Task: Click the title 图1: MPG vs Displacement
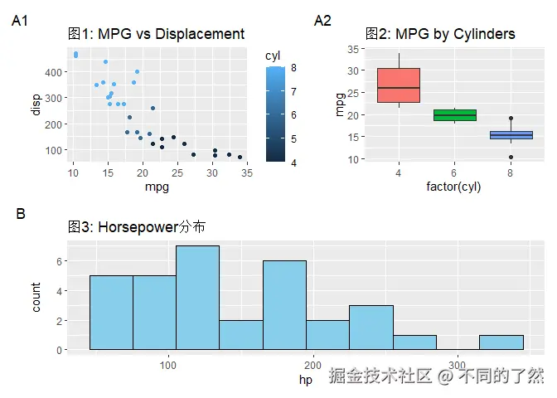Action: (x=156, y=34)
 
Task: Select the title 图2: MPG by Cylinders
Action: (x=440, y=34)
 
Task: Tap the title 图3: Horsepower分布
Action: (x=137, y=226)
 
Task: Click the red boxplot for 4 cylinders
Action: (x=398, y=85)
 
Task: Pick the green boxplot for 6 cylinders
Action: (x=454, y=114)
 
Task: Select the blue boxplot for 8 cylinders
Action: (x=511, y=134)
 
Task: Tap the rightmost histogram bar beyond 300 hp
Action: (x=501, y=342)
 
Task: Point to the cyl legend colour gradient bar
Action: (x=277, y=114)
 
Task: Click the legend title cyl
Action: (x=273, y=56)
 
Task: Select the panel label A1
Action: (x=21, y=22)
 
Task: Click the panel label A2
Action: (x=322, y=22)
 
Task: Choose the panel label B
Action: (x=21, y=214)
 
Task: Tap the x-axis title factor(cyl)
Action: (x=453, y=187)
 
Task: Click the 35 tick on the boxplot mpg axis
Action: (x=353, y=49)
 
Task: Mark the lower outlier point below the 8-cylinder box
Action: (x=511, y=157)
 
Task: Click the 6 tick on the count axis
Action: (x=61, y=261)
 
